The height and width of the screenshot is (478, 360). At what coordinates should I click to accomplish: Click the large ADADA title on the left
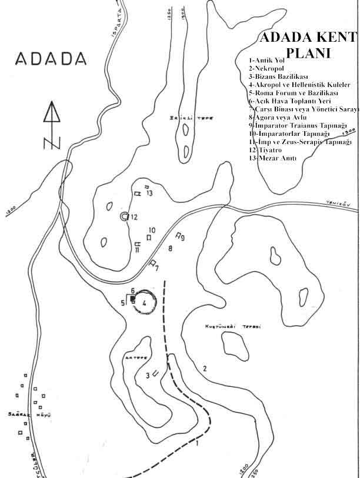point(51,59)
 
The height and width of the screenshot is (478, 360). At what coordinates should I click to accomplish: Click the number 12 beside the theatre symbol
point(134,217)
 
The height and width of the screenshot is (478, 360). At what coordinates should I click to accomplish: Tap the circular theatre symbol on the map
point(124,217)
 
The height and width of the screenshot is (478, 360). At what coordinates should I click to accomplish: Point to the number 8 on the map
point(170,249)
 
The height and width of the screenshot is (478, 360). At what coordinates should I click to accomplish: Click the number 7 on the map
point(157,269)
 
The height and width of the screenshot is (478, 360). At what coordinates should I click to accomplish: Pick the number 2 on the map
point(205,369)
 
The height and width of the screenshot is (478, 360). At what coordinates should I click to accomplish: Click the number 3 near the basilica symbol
point(148,375)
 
